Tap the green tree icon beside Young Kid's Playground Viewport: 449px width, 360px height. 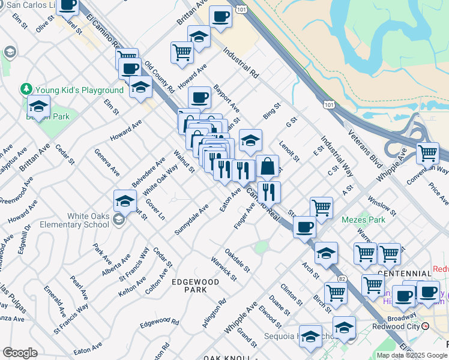coord(26,89)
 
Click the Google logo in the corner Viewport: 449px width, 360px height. coord(20,352)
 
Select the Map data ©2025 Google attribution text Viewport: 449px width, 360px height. coord(412,355)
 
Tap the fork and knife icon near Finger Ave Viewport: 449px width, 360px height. coord(270,191)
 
